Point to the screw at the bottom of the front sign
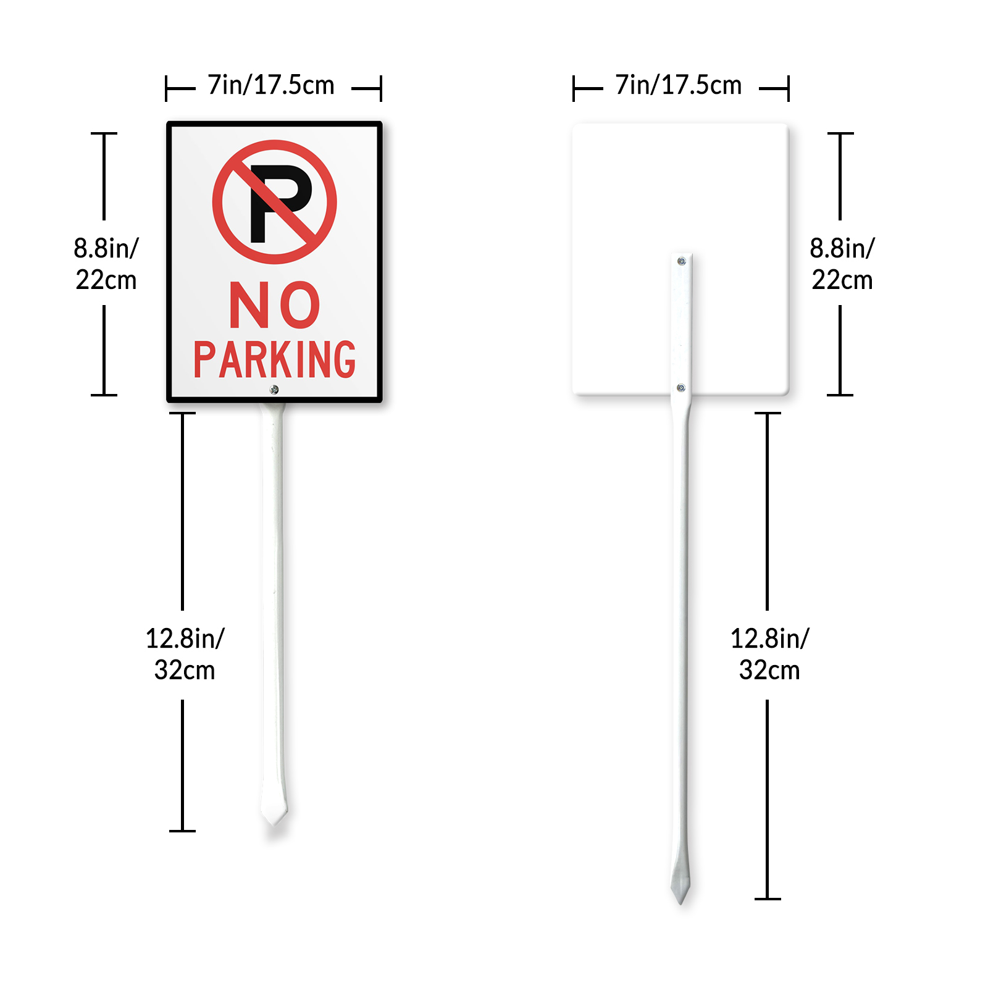click(274, 390)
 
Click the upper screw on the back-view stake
click(682, 261)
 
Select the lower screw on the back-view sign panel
click(681, 388)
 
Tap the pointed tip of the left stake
click(274, 825)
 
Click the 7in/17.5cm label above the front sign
click(271, 85)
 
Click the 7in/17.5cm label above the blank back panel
click(679, 85)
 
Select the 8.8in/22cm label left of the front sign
click(106, 264)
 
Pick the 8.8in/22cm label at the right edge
click(842, 264)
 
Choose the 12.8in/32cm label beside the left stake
click(185, 654)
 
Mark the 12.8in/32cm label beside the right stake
click(769, 654)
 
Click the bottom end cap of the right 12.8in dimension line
click(768, 899)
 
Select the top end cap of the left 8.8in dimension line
click(104, 133)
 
